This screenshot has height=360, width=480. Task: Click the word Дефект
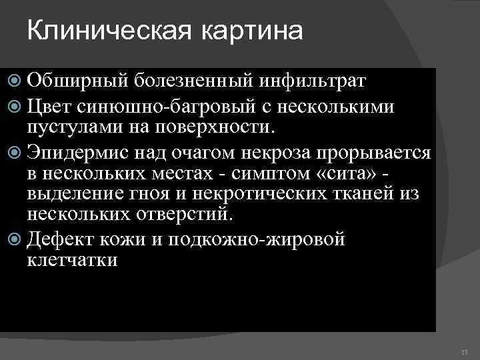63,239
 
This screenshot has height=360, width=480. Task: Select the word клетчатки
72,259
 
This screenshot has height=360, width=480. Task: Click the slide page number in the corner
465,351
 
